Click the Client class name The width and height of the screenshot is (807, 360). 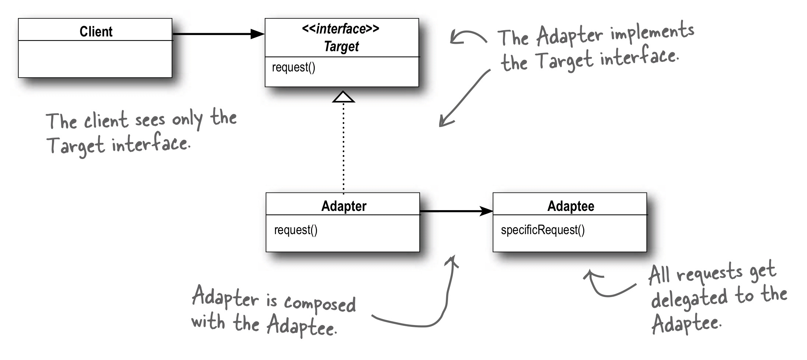coord(96,32)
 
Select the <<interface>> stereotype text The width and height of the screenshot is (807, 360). coord(341,29)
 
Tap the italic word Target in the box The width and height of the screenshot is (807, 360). coord(341,47)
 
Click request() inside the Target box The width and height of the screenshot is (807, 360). coord(293,68)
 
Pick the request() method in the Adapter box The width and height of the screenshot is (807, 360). coord(296,230)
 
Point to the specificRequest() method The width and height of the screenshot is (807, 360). coord(542,230)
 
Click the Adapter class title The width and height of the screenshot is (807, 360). coord(343,206)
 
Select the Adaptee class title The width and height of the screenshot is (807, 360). coord(570,206)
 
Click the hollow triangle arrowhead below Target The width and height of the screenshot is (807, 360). coord(343,97)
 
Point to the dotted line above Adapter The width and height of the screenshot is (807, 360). coord(343,147)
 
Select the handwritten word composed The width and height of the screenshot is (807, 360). coord(320,304)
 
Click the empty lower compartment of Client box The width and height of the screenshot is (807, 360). coord(95,59)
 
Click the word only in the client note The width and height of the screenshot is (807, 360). coord(187,120)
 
